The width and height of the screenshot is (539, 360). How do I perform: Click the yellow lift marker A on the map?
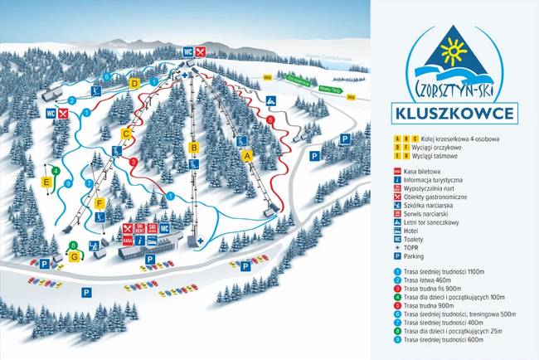[246, 155]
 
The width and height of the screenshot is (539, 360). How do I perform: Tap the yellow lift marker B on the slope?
[194, 148]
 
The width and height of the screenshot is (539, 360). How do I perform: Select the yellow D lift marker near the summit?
[134, 83]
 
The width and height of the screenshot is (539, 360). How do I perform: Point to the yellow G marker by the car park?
[74, 256]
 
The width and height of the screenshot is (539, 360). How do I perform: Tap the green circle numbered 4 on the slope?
[55, 170]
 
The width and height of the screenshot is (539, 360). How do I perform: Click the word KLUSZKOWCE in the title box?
[454, 112]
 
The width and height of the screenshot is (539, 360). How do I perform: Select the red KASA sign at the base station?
[128, 241]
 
